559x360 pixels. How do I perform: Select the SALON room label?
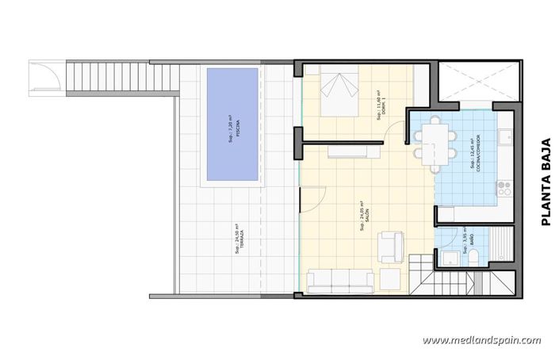(362, 211)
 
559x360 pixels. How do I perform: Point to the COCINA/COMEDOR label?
(474, 163)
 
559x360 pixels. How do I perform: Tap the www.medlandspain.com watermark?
(481, 340)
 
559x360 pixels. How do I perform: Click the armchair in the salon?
(389, 245)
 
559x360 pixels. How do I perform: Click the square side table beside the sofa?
(390, 279)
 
